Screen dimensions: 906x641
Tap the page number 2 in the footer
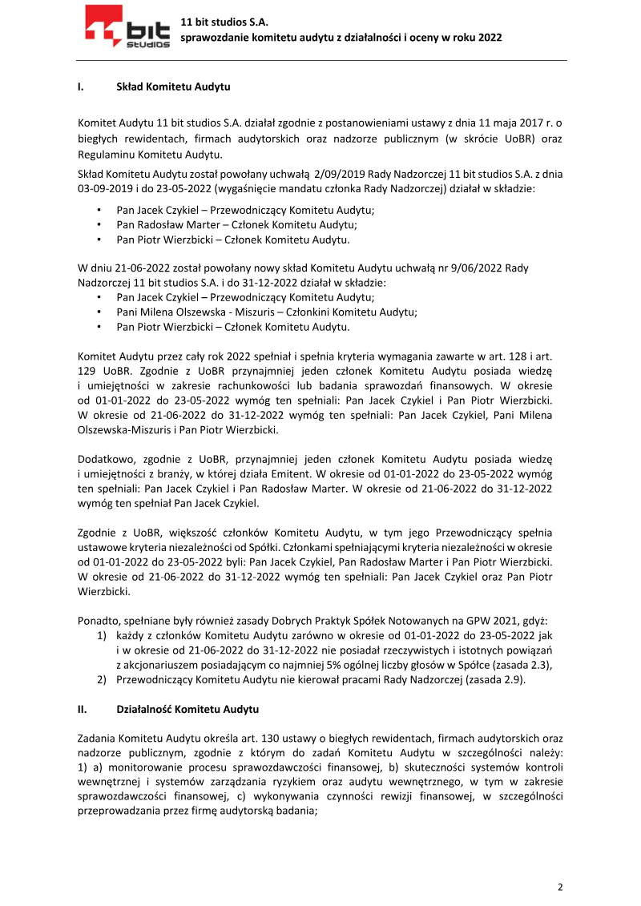[x=560, y=887]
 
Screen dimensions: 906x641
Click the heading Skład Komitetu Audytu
[x=173, y=85]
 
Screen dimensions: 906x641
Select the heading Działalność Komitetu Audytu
[x=187, y=710]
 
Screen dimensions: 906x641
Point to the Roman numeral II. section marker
[x=82, y=710]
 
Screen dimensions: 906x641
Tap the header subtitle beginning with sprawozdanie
[x=341, y=37]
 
